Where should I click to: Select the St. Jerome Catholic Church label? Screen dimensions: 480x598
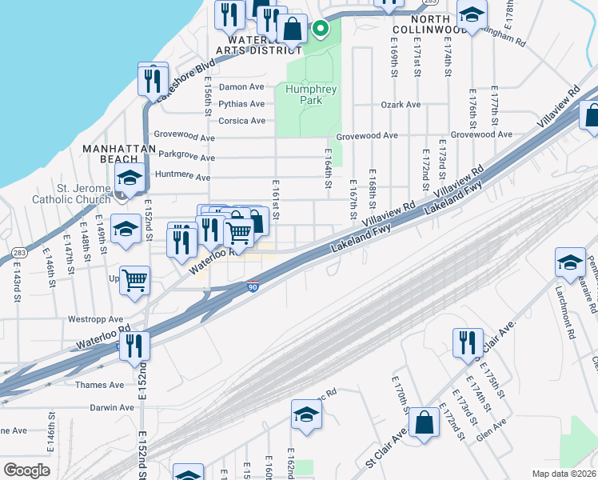click(x=71, y=194)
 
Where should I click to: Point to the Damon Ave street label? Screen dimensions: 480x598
click(x=241, y=86)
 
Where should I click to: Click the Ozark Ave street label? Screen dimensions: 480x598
click(x=401, y=105)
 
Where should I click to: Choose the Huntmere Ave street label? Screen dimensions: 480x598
click(x=184, y=176)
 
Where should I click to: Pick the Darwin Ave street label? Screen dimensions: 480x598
click(x=112, y=407)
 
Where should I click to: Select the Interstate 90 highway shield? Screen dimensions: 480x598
click(x=253, y=286)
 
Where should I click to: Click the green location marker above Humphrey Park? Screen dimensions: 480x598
click(x=321, y=30)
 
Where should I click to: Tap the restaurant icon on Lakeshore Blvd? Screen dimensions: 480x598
click(x=150, y=80)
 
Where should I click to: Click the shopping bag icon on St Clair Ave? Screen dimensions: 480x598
click(x=425, y=422)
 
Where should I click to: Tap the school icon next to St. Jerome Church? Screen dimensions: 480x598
click(x=129, y=179)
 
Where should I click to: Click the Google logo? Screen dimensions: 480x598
click(x=26, y=470)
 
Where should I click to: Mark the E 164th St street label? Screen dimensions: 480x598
click(x=328, y=169)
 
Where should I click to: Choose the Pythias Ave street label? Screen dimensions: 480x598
click(x=241, y=104)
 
